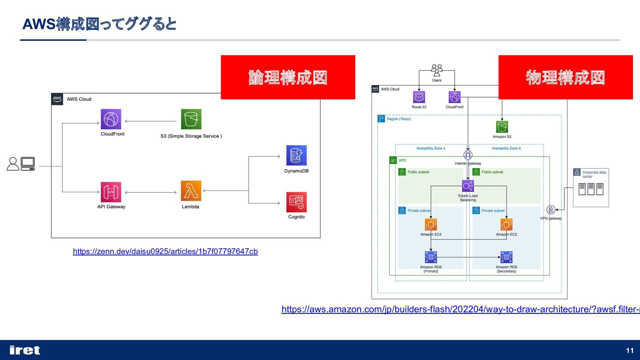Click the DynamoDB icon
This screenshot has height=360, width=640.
coord(296,155)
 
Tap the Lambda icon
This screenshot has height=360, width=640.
coord(191,191)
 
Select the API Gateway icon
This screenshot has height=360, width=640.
coord(111,192)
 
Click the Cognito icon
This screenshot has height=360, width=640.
coord(296,202)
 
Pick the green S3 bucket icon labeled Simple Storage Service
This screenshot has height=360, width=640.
coord(191,119)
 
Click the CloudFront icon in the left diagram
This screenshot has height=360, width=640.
coord(111,119)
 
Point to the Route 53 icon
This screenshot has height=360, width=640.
coord(419,97)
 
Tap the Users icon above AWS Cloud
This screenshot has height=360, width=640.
coord(437,71)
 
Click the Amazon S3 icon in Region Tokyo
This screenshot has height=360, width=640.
coord(502,127)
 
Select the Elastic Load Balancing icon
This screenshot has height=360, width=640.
coord(468,186)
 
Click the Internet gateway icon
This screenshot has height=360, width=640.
coord(468,155)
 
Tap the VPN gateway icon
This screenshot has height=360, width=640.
coord(551,210)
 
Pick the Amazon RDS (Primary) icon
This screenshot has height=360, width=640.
coord(431,257)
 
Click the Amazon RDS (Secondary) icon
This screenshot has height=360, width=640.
coord(506,257)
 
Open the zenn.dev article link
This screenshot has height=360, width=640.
coord(165,251)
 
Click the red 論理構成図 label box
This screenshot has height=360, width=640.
coord(288,77)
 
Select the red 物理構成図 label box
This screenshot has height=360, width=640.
coord(565,77)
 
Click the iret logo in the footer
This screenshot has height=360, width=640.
coord(25,350)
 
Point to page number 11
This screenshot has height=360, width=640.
coord(629,350)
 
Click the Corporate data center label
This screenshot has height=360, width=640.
coord(594,174)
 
